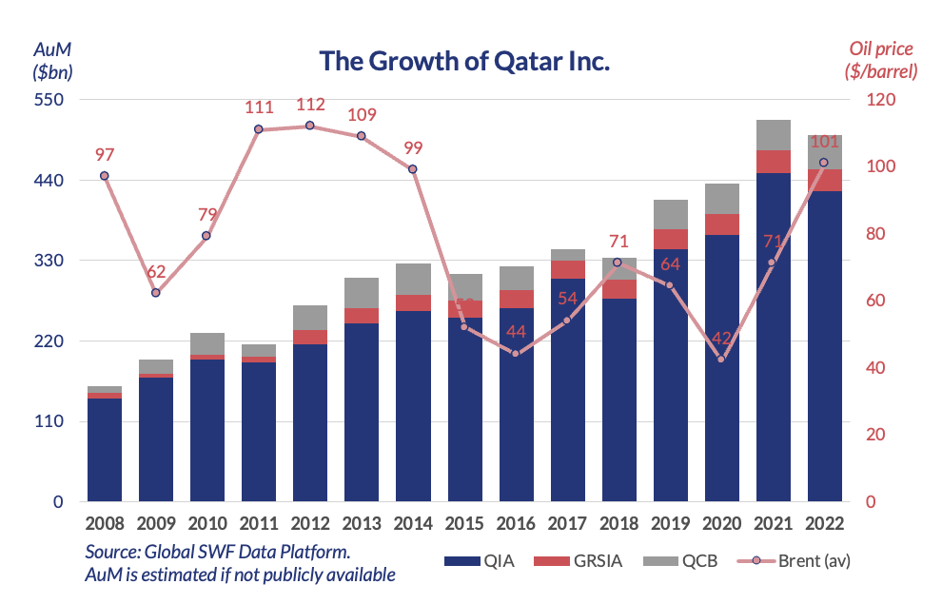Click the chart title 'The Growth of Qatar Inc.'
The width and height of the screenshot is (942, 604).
click(463, 62)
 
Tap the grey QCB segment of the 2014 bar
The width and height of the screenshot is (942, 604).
click(413, 279)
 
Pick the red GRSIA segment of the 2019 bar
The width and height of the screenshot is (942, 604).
click(670, 239)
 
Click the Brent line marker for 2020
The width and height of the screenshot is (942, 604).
click(721, 359)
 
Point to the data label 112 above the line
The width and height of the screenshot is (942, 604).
click(311, 105)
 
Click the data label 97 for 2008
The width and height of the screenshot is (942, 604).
click(105, 154)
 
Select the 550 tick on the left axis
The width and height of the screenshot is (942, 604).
click(49, 100)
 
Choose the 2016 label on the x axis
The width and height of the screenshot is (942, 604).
click(516, 524)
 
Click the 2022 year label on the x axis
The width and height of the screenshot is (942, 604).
click(824, 524)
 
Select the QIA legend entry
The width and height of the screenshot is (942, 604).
click(480, 561)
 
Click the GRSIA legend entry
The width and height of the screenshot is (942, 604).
click(586, 561)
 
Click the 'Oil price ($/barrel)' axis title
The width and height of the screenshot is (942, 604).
click(881, 60)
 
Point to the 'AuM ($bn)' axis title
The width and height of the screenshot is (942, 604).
click(52, 59)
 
